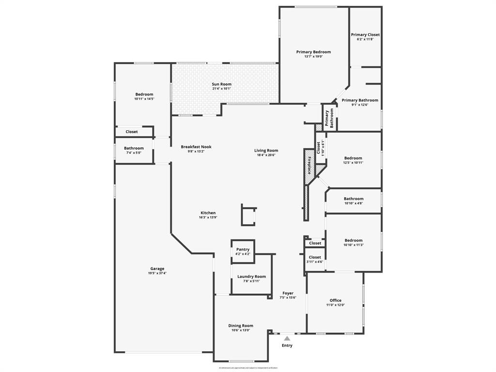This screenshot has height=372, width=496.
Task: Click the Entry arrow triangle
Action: (x=287, y=338)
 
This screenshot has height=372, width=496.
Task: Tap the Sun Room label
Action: (x=221, y=84)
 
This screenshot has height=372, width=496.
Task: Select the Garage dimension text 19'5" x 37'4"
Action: (x=157, y=273)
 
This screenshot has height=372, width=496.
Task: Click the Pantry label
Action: (x=243, y=249)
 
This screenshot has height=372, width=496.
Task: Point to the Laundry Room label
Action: (x=251, y=277)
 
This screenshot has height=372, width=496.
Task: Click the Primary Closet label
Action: (x=365, y=35)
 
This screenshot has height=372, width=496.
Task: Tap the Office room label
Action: (x=336, y=300)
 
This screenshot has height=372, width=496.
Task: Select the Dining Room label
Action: (x=241, y=325)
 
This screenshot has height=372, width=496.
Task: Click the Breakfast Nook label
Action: (x=196, y=147)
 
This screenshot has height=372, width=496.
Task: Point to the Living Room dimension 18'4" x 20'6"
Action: (x=266, y=155)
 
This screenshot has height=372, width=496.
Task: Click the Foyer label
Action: (x=288, y=293)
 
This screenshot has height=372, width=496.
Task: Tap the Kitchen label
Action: (x=208, y=213)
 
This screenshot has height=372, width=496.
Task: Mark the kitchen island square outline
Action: (x=248, y=216)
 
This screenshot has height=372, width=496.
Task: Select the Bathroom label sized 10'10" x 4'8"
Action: (x=354, y=199)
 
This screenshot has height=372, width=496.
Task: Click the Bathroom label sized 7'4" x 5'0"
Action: (x=134, y=148)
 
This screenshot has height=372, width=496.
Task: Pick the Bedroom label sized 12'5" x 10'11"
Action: (x=353, y=158)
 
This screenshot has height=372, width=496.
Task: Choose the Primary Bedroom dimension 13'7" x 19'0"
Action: (x=313, y=57)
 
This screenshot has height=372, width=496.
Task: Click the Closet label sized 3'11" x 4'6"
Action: (x=315, y=257)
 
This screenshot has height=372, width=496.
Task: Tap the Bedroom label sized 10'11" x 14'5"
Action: (x=144, y=94)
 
